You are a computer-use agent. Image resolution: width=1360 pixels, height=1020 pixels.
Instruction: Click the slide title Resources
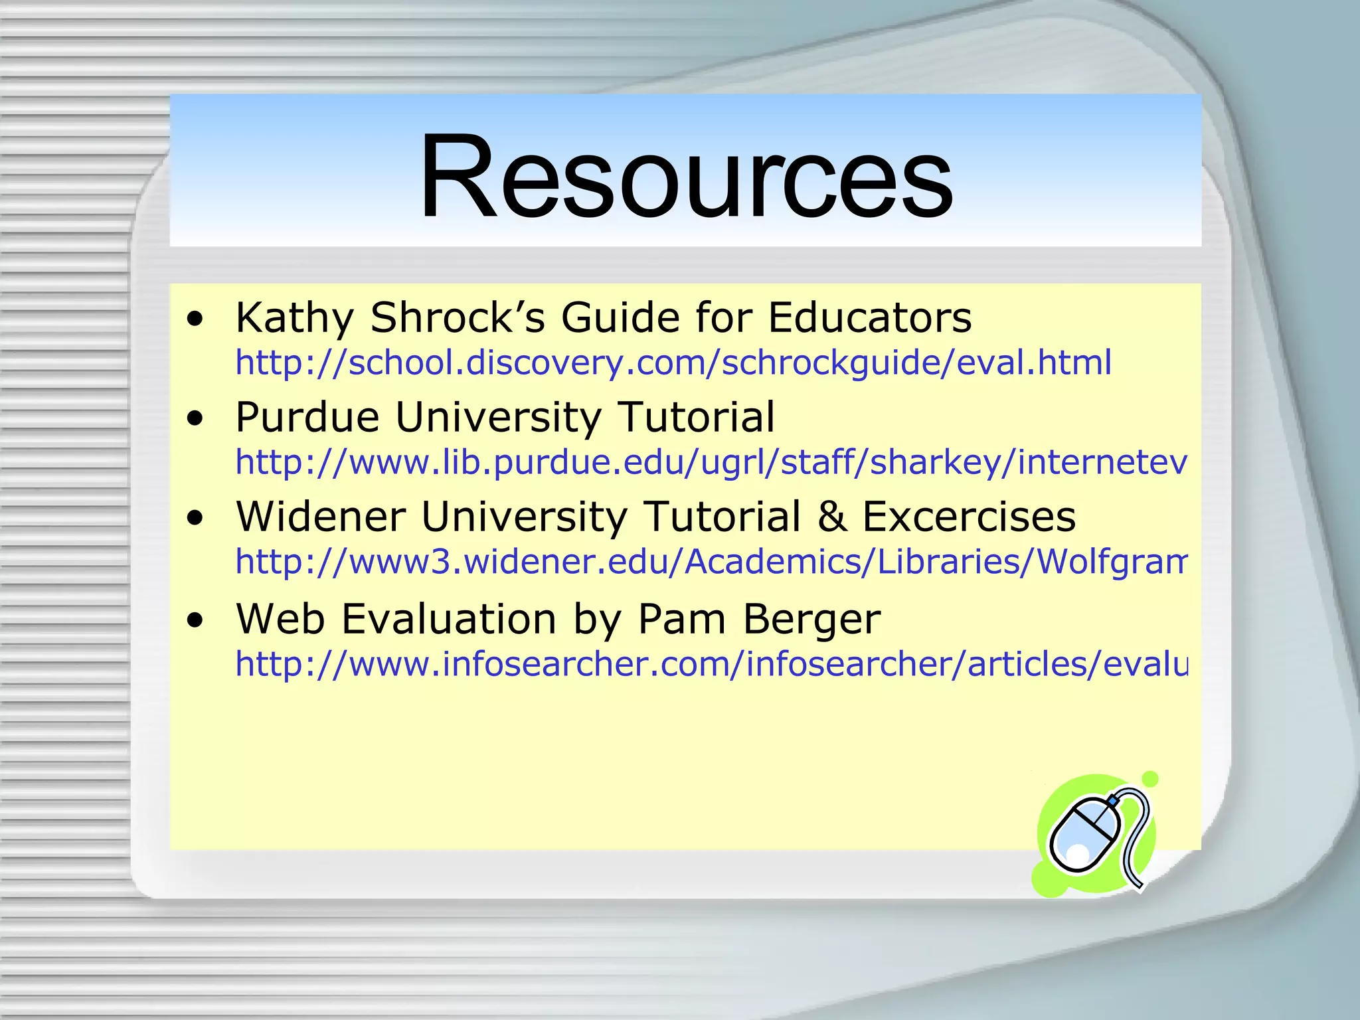686,177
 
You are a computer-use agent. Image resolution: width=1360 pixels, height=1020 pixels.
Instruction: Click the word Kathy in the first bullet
294,317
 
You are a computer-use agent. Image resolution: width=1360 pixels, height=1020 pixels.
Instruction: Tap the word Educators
870,317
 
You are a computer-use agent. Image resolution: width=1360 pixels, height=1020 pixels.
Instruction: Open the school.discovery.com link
673,363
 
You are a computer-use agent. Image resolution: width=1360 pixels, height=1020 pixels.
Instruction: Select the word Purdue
307,417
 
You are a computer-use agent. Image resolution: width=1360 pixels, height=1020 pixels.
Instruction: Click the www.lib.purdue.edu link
711,462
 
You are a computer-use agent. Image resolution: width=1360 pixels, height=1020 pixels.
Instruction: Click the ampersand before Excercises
832,517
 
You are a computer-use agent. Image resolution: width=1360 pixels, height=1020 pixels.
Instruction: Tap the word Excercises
969,517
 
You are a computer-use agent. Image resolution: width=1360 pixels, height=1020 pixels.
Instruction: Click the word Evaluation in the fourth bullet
449,619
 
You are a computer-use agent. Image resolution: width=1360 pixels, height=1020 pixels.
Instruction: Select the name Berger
811,619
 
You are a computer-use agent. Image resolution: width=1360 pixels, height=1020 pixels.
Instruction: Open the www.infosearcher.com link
711,664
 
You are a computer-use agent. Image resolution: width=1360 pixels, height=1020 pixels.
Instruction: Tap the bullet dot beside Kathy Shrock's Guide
195,320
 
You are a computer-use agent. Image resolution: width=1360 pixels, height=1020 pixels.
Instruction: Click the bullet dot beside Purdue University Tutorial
195,420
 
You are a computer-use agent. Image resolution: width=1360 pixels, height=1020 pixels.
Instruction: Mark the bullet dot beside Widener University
195,519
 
